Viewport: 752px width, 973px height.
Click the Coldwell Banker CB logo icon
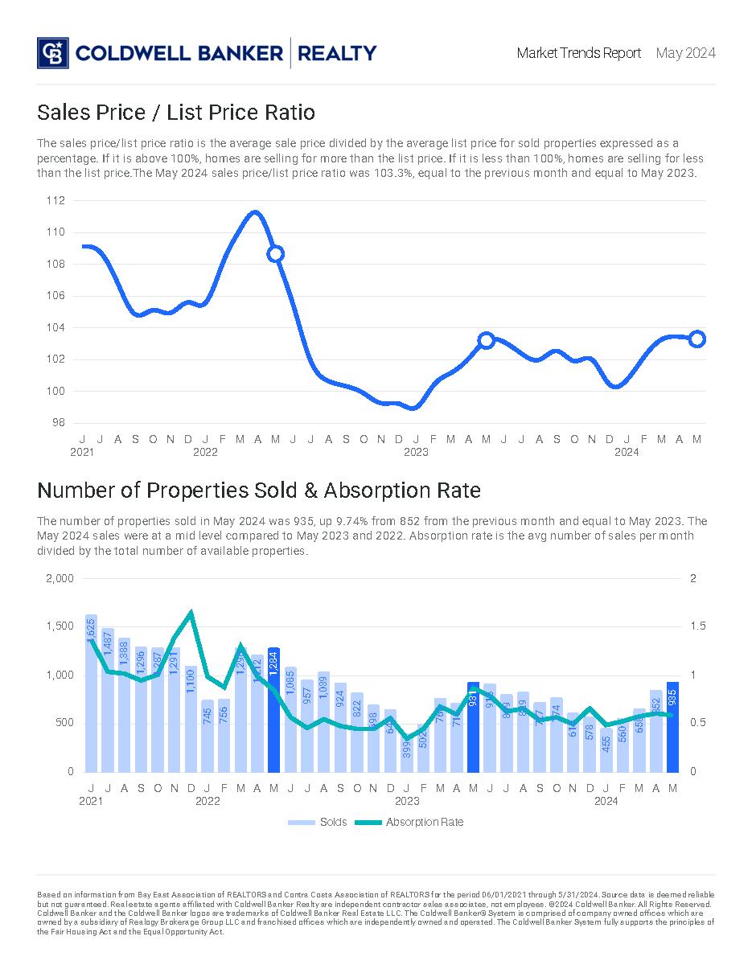(53, 53)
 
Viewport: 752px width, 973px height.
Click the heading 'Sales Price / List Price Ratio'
(176, 112)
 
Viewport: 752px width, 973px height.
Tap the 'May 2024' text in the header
(685, 53)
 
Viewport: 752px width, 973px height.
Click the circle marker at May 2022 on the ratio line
(275, 254)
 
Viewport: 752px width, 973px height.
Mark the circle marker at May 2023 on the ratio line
(486, 340)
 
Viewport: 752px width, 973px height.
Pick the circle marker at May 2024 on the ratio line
(697, 339)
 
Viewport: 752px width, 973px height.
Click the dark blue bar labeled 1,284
(273, 709)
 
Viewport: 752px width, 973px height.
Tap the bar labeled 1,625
(91, 693)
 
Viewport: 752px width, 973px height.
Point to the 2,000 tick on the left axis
(60, 579)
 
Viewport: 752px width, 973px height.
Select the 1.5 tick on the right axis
(697, 626)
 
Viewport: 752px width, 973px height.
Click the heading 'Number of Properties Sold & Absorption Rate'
(259, 490)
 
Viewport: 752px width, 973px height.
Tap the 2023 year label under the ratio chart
(416, 452)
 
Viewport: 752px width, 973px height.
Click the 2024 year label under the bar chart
(606, 801)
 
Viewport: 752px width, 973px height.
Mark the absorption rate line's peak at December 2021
(191, 613)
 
